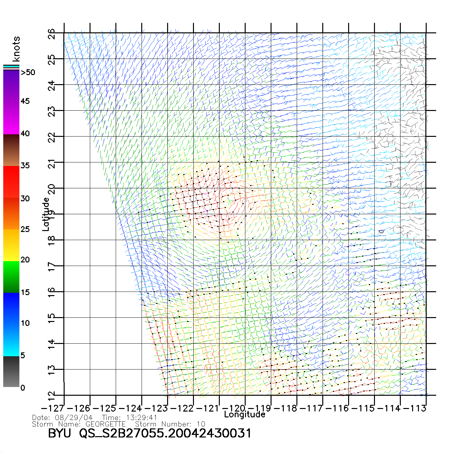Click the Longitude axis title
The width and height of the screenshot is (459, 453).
point(245,414)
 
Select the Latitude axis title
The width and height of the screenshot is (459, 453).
point(46,214)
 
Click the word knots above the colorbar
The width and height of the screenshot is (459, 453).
point(16,49)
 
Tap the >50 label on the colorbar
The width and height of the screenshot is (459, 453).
point(28,72)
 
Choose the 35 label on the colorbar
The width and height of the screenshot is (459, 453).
point(25,166)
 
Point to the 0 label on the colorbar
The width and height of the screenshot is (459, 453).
point(23,388)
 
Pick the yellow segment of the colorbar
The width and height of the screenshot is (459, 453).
point(11,245)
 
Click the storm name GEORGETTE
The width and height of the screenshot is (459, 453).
point(105,424)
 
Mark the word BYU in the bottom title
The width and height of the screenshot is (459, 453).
point(59,433)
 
